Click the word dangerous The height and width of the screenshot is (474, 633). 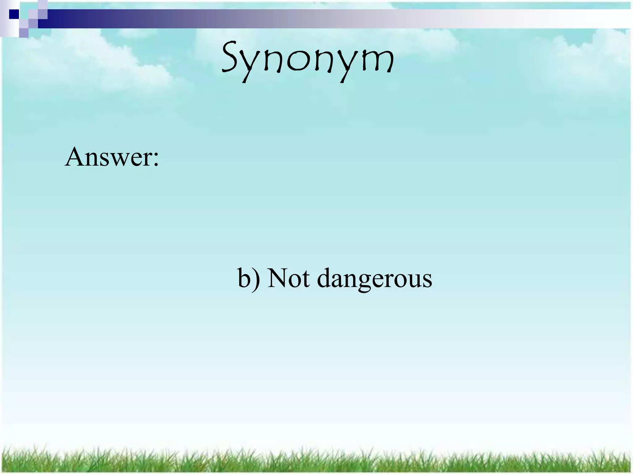375,279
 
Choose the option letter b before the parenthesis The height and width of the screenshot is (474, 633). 244,278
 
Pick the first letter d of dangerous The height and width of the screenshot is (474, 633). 325,278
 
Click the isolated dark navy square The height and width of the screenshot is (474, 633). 14,14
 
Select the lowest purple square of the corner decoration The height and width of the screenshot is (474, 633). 24,33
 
